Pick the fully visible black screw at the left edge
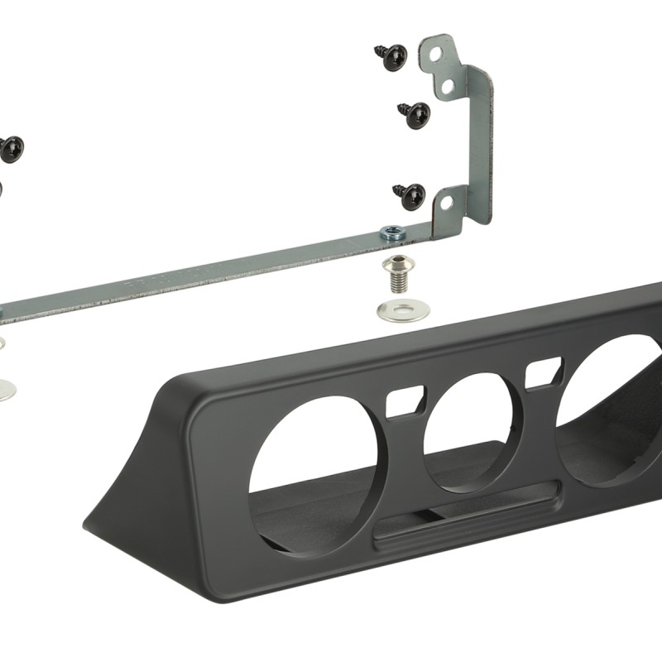click(x=10, y=149)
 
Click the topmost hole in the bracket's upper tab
click(x=437, y=54)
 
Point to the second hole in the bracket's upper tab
click(x=447, y=85)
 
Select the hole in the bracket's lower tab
click(x=446, y=201)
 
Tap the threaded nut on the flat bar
click(x=394, y=234)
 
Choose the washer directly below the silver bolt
click(x=403, y=311)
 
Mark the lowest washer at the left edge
click(x=5, y=387)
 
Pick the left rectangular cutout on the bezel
click(x=405, y=401)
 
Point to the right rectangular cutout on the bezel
click(x=544, y=372)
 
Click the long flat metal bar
click(x=207, y=273)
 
